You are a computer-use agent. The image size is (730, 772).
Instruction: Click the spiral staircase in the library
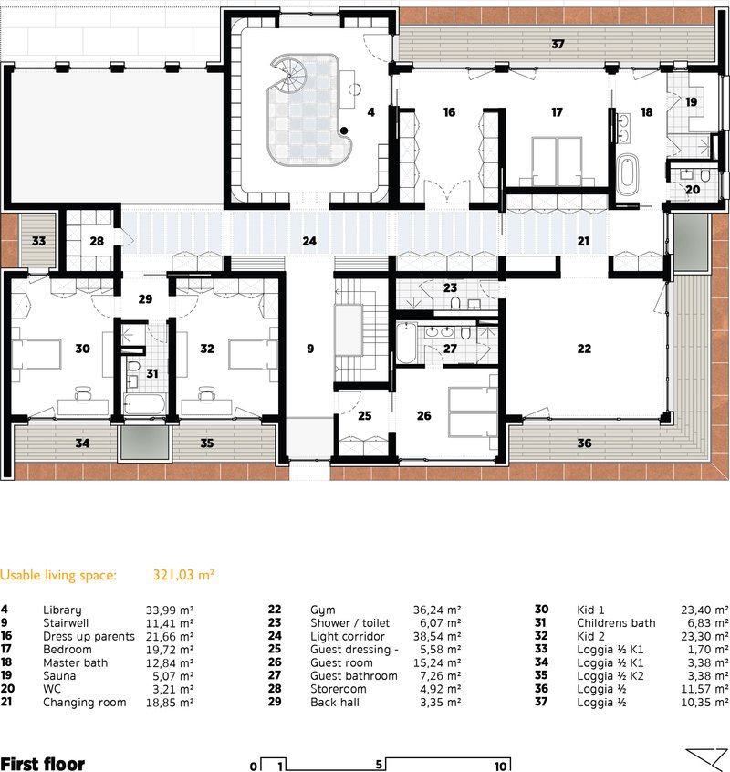pyautogui.click(x=289, y=75)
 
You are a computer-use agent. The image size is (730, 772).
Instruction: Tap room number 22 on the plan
pyautogui.click(x=584, y=349)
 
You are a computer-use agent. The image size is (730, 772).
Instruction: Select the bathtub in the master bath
pyautogui.click(x=627, y=173)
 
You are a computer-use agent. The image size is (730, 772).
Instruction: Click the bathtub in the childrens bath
pyautogui.click(x=144, y=404)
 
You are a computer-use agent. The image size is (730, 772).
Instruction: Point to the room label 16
pyautogui.click(x=449, y=112)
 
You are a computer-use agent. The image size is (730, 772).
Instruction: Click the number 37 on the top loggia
pyautogui.click(x=558, y=45)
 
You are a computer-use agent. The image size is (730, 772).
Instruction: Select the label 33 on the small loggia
pyautogui.click(x=38, y=241)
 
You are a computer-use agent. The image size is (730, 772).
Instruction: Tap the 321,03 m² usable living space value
pyautogui.click(x=183, y=575)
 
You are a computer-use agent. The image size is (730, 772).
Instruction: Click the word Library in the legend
pyautogui.click(x=62, y=610)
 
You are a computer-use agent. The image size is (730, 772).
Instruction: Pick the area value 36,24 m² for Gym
pyautogui.click(x=436, y=610)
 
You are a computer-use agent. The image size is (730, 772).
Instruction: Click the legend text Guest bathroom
pyautogui.click(x=353, y=676)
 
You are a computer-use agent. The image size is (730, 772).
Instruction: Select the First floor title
pyautogui.click(x=43, y=764)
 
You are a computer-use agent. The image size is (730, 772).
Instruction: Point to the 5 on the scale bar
pyautogui.click(x=379, y=764)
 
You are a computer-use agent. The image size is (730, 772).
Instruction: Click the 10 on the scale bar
pyautogui.click(x=500, y=767)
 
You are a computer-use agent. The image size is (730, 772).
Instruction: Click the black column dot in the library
pyautogui.click(x=344, y=130)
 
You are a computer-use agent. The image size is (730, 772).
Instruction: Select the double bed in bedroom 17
pyautogui.click(x=557, y=161)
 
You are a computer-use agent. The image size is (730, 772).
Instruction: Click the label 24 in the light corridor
pyautogui.click(x=309, y=241)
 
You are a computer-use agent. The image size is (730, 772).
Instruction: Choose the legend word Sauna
pyautogui.click(x=59, y=676)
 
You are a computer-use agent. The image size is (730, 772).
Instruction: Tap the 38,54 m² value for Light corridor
pyautogui.click(x=436, y=637)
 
